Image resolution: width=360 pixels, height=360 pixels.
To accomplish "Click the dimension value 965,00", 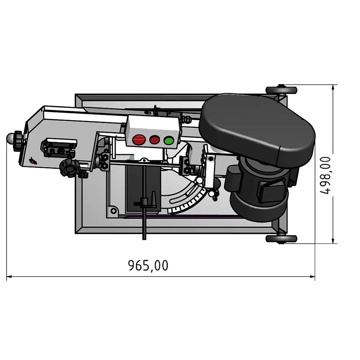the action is click(148, 265).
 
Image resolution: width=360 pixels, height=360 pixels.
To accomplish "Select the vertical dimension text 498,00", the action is click(325, 175).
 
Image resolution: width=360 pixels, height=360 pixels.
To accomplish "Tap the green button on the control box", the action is click(169, 140).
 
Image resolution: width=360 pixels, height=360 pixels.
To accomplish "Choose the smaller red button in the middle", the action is click(154, 139).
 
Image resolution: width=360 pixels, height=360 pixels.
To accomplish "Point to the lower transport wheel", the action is click(281, 239).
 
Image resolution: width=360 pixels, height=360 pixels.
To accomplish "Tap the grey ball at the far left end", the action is click(10, 138).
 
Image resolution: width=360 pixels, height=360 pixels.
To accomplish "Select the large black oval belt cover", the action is click(256, 130).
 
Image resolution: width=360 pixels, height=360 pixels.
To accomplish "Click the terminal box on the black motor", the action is click(272, 191).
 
